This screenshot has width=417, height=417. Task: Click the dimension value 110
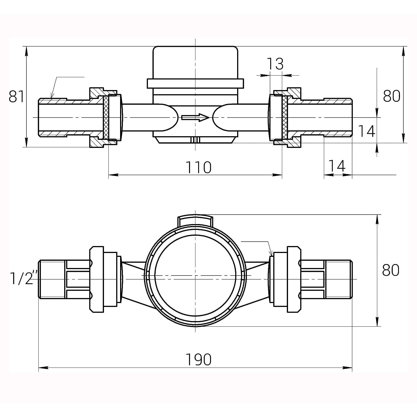pos(198,167)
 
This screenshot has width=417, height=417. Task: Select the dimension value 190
pos(198,359)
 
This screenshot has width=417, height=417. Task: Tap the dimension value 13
pos(275,64)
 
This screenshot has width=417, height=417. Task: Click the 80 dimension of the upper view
pos(391,96)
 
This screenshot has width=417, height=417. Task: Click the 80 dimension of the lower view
pos(391,270)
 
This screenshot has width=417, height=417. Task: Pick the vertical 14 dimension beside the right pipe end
pos(366,131)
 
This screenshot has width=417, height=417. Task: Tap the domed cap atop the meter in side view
pos(195,63)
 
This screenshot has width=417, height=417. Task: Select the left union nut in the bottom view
pos(96,279)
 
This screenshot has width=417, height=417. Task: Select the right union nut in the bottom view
pos(294,279)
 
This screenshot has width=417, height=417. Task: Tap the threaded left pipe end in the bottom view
pos(52,279)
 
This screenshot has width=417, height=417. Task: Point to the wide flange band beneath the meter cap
pos(195,83)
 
